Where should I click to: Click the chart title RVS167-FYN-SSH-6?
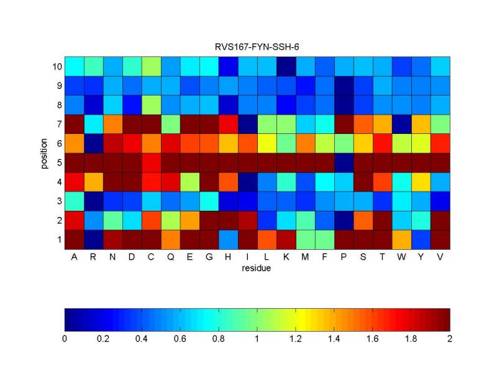point(257,47)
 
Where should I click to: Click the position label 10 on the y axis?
point(56,66)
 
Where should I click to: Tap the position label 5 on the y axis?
point(58,162)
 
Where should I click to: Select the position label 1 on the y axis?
point(58,239)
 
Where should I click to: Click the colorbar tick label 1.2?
point(296,339)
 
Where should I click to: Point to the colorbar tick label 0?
point(65,339)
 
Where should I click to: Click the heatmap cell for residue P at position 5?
point(344,162)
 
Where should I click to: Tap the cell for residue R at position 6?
point(93,143)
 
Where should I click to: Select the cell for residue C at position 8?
point(151,105)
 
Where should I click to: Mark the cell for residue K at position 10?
point(286,66)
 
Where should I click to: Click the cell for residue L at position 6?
point(267,143)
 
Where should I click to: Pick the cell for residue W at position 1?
point(401,239)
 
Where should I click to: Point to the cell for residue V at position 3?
point(440,201)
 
